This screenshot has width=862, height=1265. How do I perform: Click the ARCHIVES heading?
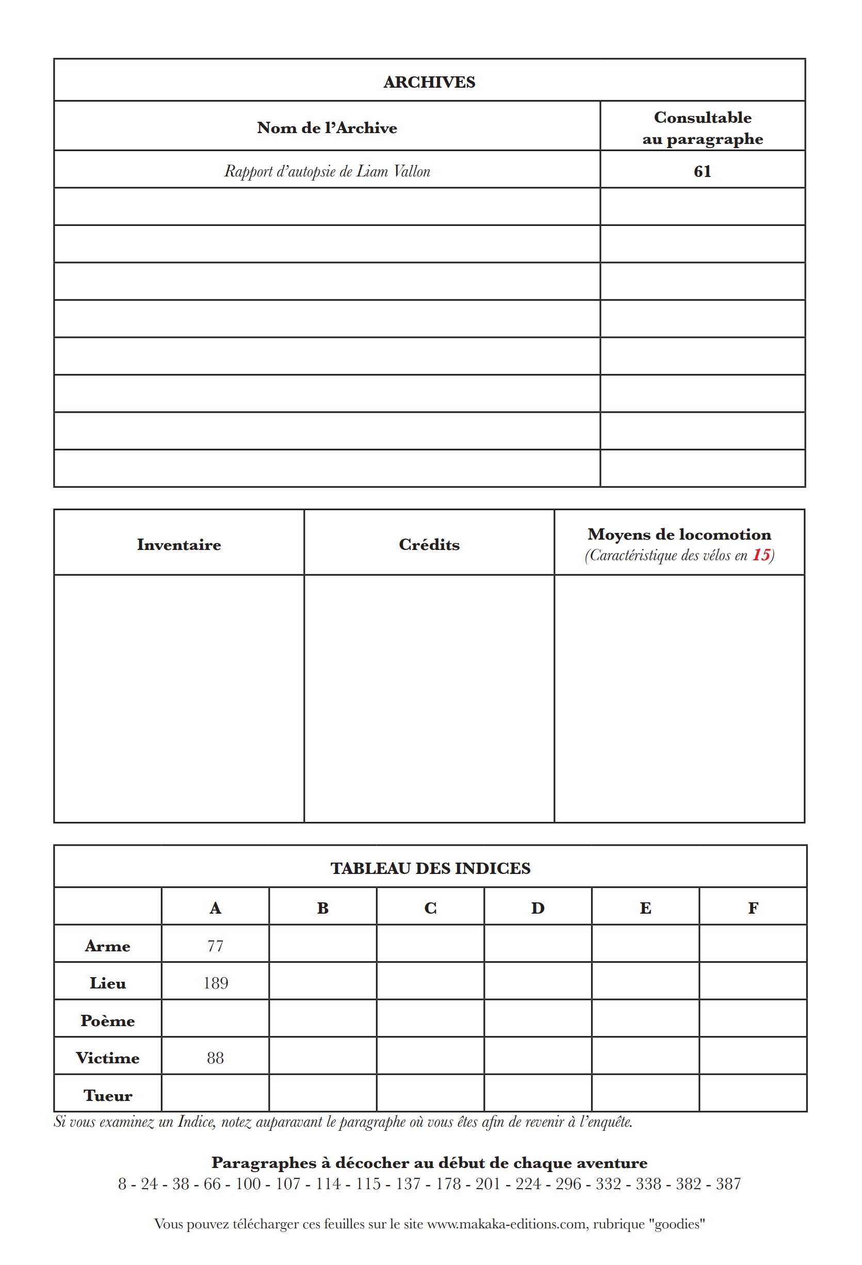429,82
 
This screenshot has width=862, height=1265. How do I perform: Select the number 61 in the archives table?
702,171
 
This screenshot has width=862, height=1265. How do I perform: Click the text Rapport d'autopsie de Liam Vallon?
327,171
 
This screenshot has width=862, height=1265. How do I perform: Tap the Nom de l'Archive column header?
327,128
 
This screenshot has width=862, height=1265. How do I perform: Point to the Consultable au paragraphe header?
702,128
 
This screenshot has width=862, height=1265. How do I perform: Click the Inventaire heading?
178,544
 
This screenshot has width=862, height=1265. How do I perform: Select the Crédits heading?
429,544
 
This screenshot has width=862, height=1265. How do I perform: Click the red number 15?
761,555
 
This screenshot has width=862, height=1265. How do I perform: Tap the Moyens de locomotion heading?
679,534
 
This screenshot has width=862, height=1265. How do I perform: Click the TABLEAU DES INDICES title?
430,868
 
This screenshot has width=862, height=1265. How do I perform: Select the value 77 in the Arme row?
215,946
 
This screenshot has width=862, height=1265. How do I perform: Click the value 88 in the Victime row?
215,1058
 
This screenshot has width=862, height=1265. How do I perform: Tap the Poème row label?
107,1020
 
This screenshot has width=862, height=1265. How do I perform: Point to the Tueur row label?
107,1095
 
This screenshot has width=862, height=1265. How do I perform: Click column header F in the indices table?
753,908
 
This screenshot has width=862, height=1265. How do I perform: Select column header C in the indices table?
430,908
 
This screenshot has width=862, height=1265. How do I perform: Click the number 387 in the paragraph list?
728,1184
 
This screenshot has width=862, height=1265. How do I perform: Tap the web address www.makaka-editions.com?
507,1224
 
